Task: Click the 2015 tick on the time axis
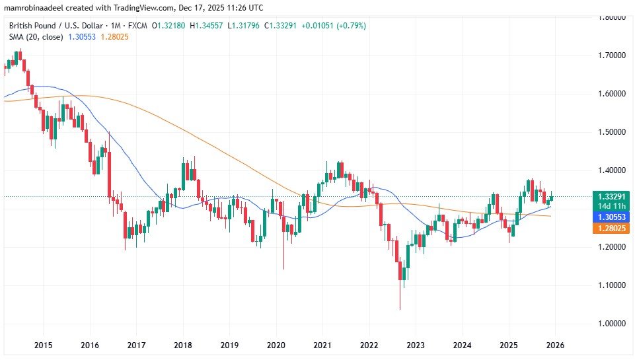[x=43, y=345]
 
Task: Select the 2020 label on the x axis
[x=276, y=345]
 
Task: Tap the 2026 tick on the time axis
[x=554, y=345]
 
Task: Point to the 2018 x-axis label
[x=183, y=345]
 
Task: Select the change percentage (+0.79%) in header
[x=350, y=26]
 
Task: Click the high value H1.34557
[x=207, y=26]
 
